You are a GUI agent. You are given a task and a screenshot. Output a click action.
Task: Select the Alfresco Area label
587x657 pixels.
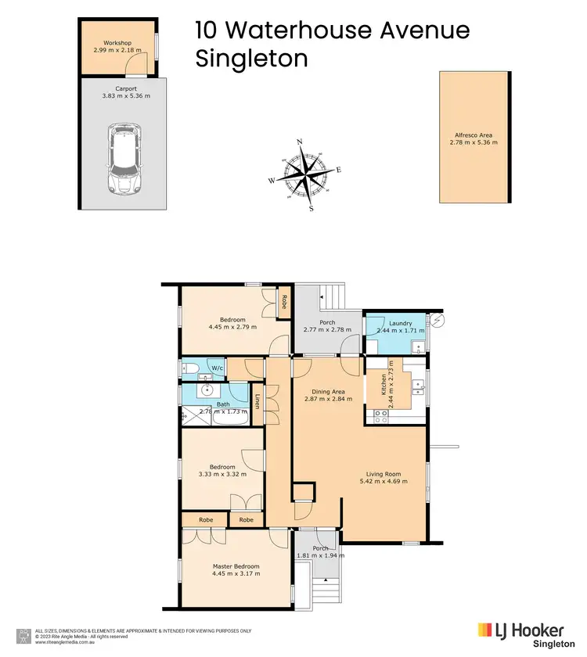(x=474, y=135)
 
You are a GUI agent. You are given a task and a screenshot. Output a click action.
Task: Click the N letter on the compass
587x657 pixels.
(x=300, y=142)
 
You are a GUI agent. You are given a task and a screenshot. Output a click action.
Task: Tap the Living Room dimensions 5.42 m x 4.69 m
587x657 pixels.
(x=387, y=482)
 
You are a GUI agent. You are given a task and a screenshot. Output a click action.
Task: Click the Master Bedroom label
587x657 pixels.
(x=236, y=566)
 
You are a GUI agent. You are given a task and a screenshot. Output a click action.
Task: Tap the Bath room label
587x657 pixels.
(x=223, y=404)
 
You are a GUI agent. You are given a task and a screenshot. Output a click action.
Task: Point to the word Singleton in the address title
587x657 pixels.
(x=251, y=59)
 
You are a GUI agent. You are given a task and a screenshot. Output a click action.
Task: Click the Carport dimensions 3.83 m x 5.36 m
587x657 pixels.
(x=125, y=96)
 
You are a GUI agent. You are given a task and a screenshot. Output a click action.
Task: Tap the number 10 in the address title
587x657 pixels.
(x=207, y=31)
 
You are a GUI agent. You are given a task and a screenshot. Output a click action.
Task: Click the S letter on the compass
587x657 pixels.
(x=312, y=209)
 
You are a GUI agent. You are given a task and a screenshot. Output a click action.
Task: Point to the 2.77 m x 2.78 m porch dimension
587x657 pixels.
(x=327, y=329)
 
